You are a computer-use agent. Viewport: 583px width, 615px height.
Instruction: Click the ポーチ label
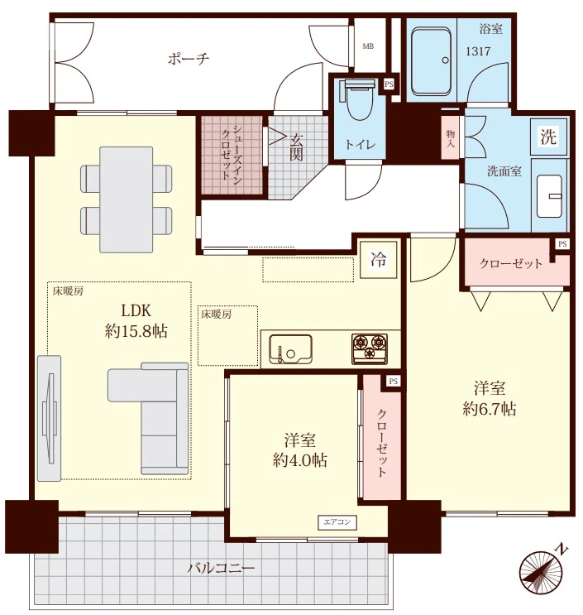pyautogui.click(x=189, y=59)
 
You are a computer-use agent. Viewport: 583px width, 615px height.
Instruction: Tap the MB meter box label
pyautogui.click(x=368, y=46)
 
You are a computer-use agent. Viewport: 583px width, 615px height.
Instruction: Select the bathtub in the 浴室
pyautogui.click(x=431, y=61)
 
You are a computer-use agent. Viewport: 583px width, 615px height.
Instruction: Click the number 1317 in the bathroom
pyautogui.click(x=478, y=51)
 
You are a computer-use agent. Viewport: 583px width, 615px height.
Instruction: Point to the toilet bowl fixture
pyautogui.click(x=359, y=100)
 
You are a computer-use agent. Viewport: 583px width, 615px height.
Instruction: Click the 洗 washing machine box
pyautogui.click(x=548, y=137)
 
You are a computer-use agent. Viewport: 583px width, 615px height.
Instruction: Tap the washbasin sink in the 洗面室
pyautogui.click(x=549, y=195)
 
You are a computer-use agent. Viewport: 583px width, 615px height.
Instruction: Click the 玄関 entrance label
pyautogui.click(x=296, y=147)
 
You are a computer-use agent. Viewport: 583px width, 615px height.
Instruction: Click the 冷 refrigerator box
pyautogui.click(x=379, y=259)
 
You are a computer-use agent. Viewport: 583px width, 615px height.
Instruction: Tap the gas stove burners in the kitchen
pyautogui.click(x=370, y=348)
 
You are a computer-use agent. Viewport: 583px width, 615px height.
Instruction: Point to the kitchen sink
pyautogui.click(x=290, y=349)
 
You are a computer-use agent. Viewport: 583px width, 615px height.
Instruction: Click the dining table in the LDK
pyautogui.click(x=127, y=199)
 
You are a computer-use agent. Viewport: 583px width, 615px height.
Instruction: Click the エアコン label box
pyautogui.click(x=337, y=522)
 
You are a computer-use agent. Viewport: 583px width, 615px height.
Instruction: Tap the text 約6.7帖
pyautogui.click(x=490, y=410)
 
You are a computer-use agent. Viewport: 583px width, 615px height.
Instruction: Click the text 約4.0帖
pyautogui.click(x=299, y=460)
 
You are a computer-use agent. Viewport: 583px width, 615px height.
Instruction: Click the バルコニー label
pyautogui.click(x=221, y=568)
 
